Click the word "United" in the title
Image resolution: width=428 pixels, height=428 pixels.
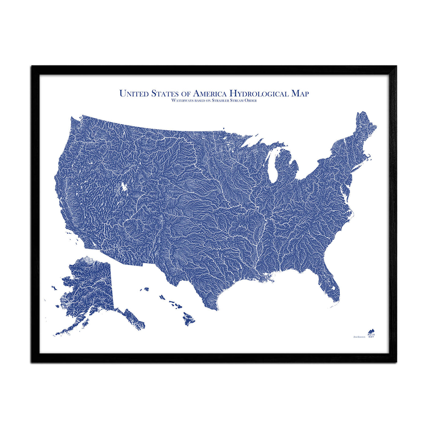133,93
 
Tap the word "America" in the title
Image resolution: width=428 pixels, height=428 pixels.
210,93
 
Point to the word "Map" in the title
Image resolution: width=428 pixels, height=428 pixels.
300,94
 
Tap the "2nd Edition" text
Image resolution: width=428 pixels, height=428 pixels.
359,337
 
